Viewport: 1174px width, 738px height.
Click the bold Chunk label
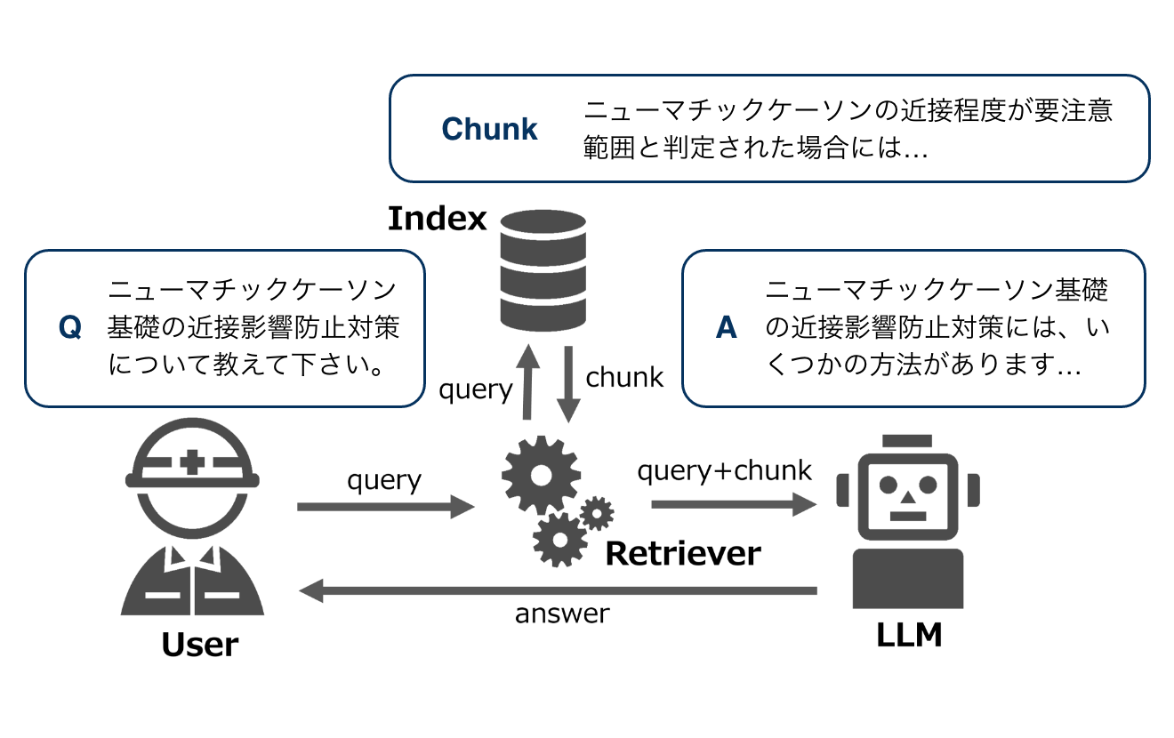pos(490,129)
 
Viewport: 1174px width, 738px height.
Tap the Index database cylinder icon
pos(543,269)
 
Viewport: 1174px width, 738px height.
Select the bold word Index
pos(438,218)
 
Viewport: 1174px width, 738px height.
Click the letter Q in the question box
pos(70,328)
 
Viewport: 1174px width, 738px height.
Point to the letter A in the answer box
pos(727,328)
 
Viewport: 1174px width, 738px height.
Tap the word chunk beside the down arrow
pos(624,377)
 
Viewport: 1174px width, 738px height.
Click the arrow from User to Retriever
pos(385,507)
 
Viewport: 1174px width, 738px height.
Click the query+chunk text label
pos(725,470)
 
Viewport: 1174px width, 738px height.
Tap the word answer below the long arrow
pos(562,614)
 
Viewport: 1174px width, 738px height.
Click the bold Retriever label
pos(683,553)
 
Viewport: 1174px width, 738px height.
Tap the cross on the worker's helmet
pos(191,461)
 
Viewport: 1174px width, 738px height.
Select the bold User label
pos(200,645)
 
